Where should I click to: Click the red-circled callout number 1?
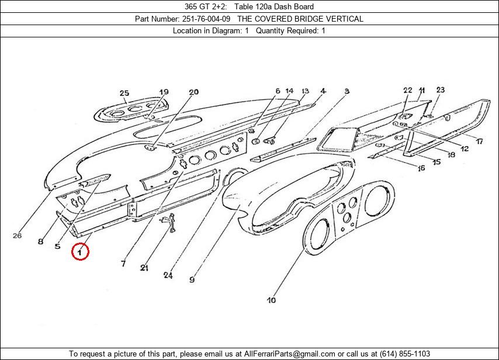pos(80,252)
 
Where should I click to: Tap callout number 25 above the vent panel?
pos(124,93)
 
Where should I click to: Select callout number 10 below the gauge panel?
pos(271,300)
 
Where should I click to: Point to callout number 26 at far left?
pos(17,236)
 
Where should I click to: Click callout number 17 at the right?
pos(479,141)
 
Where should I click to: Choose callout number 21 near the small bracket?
pos(144,268)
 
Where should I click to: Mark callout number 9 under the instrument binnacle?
pos(192,280)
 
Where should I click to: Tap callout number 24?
pos(168,275)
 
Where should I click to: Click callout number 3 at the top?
pos(346,91)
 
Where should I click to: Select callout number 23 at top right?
pos(440,89)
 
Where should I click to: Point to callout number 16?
pos(421,169)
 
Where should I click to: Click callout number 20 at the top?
pos(193,92)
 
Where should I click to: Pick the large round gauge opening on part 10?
pos(319,237)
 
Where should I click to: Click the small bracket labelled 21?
pos(170,222)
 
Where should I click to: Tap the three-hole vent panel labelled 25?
pos(131,110)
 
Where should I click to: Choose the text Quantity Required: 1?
pos(290,30)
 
